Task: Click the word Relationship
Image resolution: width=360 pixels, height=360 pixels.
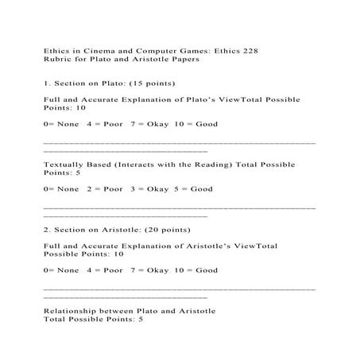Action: [x=76, y=310]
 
